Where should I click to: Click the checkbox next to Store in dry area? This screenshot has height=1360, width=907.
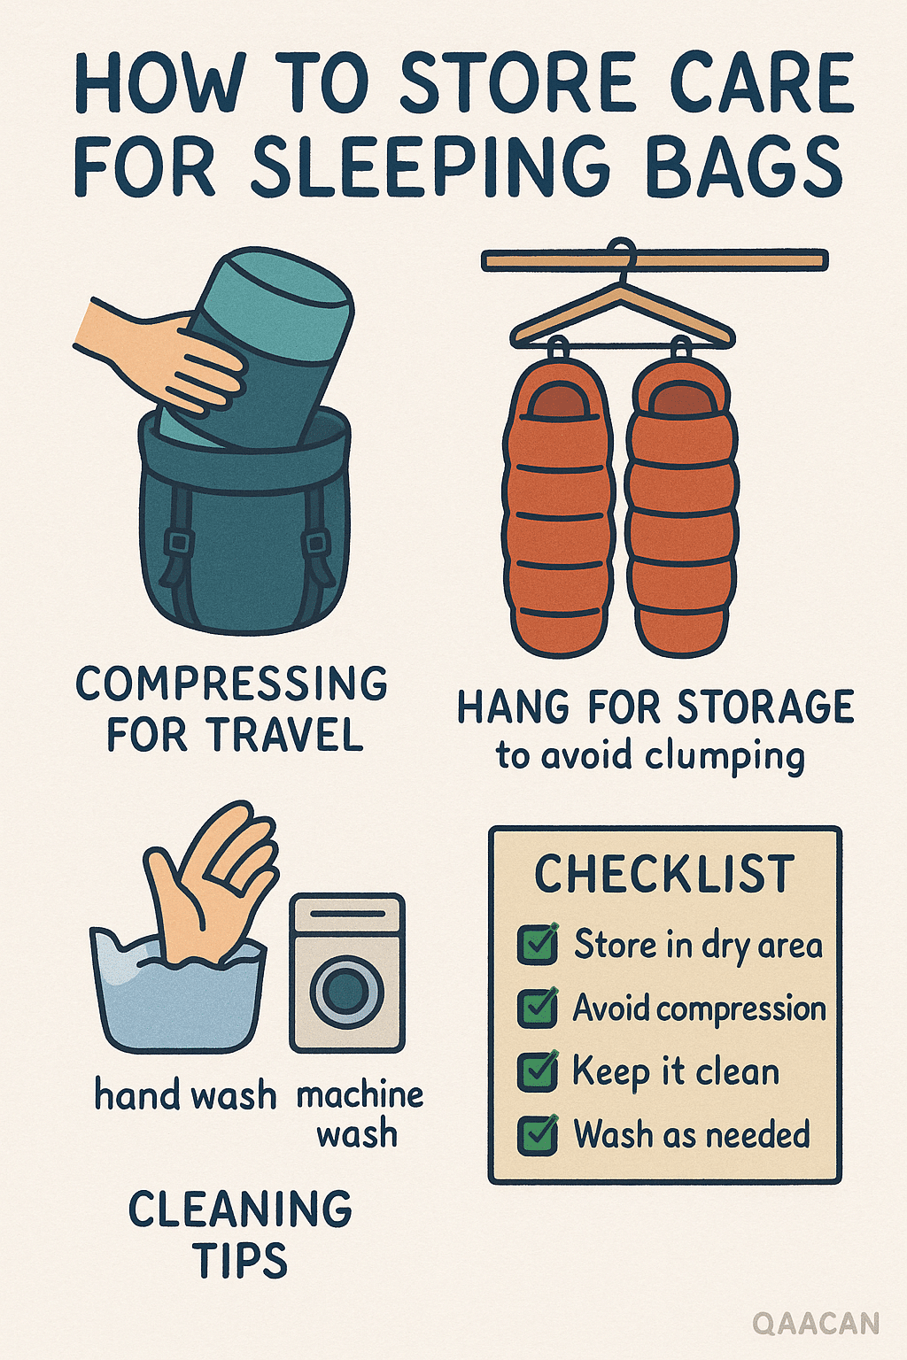[538, 944]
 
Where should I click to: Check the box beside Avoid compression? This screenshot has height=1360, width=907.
[538, 1008]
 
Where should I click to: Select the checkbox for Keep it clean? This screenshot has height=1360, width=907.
[538, 1071]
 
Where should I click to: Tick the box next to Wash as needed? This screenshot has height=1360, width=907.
[538, 1135]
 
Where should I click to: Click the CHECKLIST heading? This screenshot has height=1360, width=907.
[665, 874]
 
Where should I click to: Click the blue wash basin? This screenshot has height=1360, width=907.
[178, 994]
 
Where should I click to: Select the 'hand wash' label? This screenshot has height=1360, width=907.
[185, 1096]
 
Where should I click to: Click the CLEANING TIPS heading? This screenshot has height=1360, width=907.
[241, 1234]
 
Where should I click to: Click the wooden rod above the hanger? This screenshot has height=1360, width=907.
[655, 260]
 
